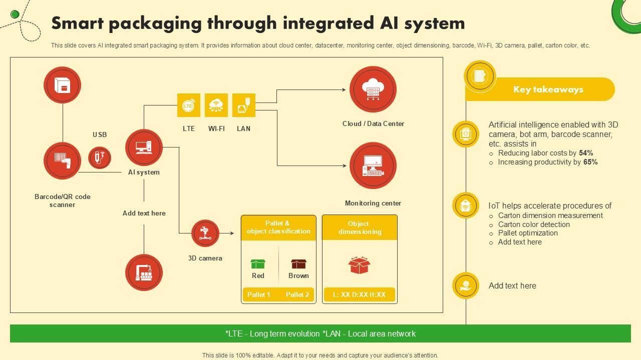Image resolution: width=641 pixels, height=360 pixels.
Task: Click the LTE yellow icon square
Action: point(189,105)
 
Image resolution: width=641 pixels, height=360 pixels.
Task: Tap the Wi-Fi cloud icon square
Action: point(216,105)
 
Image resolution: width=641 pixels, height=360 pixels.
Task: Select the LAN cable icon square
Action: point(244,105)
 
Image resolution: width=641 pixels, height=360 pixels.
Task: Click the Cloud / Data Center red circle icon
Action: point(373,89)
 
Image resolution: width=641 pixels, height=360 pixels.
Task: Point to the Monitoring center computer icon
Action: point(373,165)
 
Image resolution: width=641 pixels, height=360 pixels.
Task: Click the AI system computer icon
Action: point(144,147)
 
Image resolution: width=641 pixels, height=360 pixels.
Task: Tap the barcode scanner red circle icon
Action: point(63,161)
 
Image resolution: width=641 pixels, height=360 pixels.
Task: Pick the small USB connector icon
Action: point(100,157)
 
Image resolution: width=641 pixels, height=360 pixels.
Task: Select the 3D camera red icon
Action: point(205,233)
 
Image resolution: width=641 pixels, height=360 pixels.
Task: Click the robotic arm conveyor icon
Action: point(144,272)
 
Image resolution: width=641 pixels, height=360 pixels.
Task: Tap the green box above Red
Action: point(258,264)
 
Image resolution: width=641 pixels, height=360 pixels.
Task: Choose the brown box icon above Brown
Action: point(298,264)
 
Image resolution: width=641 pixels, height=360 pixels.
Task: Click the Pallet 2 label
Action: point(297,294)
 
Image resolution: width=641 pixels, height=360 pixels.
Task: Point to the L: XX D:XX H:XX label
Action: point(360,294)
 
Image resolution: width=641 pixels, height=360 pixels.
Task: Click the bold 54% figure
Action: point(586,153)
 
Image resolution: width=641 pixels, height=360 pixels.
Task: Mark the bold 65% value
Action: point(590,162)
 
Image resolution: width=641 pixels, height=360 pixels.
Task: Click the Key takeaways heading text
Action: point(548,89)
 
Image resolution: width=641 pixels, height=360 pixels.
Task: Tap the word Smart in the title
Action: point(78,23)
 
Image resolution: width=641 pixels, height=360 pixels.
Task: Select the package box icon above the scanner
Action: point(63,85)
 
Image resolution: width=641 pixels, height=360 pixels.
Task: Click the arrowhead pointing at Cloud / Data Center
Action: point(344,89)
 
